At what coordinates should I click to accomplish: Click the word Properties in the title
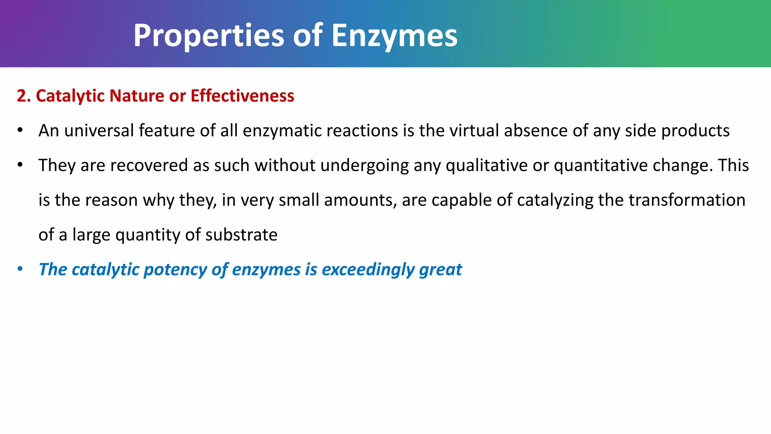point(209,36)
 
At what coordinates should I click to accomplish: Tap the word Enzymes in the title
point(394,36)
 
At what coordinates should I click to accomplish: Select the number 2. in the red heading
point(23,96)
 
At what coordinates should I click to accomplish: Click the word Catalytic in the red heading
point(70,96)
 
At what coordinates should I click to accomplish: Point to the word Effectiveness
point(242,96)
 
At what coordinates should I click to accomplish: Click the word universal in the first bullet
point(99,131)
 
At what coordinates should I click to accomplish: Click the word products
point(695,131)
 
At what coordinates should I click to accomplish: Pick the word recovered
point(149,165)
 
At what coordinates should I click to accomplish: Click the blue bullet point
point(20,269)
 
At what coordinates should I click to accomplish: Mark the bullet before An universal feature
point(20,130)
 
